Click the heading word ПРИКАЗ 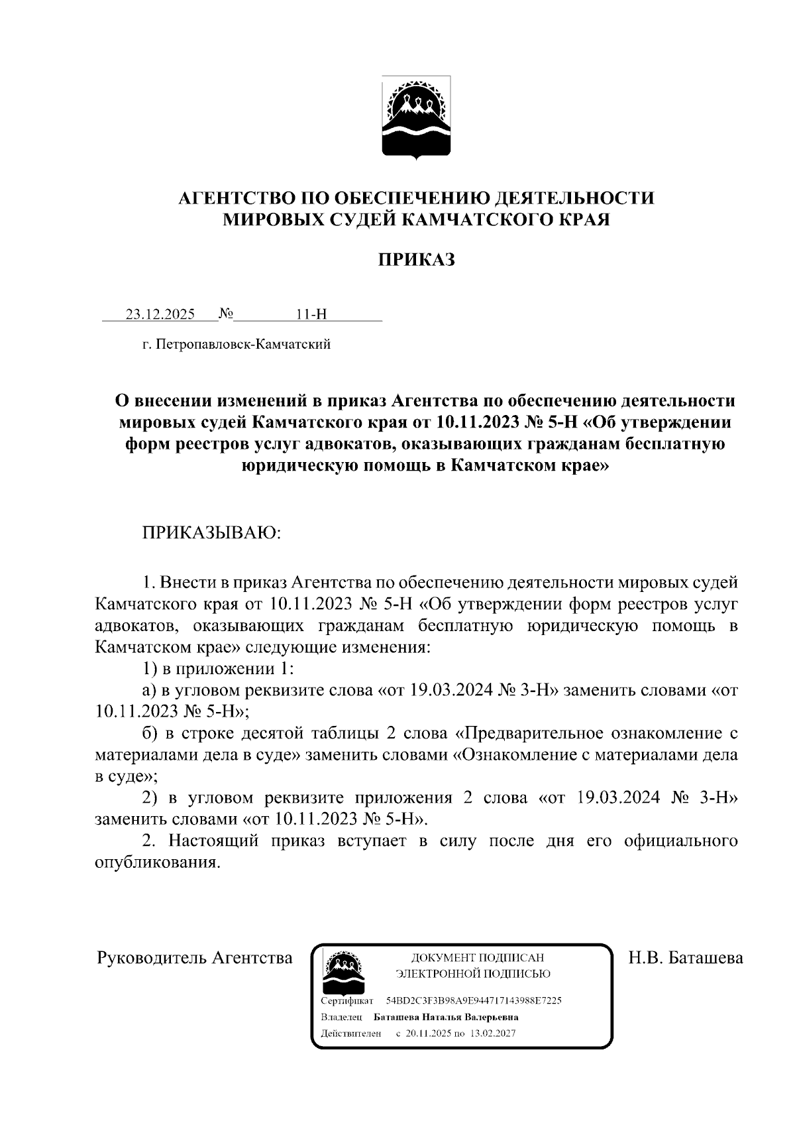coord(416,260)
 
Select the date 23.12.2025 coord(160,314)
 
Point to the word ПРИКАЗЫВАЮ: coord(211,534)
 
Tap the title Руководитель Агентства coord(195,958)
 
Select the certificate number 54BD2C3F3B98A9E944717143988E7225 coord(474,1000)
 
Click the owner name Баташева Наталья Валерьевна coord(446,1017)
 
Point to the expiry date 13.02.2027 coord(494,1034)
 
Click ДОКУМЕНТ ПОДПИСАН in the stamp coord(477,958)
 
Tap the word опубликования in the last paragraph coord(156,863)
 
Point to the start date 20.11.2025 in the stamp coord(428,1034)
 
